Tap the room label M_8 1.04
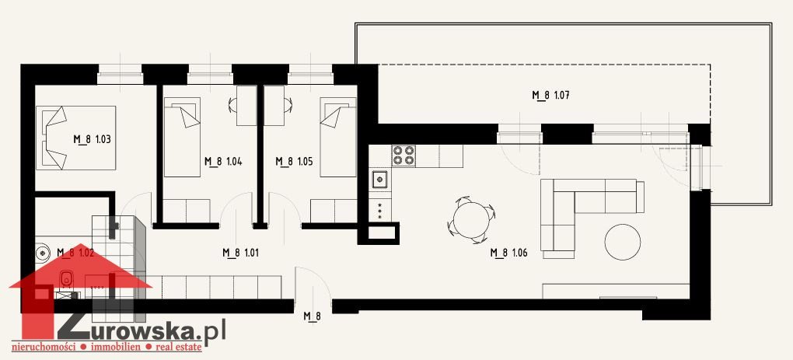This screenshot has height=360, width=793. tap(224, 162)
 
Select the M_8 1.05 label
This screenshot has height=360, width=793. tap(295, 162)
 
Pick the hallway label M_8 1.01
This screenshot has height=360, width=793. tap(241, 253)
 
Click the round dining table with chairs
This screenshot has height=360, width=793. tap(471, 219)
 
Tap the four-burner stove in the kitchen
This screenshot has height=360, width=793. tap(403, 156)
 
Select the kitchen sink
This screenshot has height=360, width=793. tap(380, 180)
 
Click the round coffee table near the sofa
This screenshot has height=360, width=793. tap(624, 243)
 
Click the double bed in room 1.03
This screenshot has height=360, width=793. tap(76, 138)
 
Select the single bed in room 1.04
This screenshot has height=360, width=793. tap(182, 137)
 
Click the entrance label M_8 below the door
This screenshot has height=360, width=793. tap(313, 316)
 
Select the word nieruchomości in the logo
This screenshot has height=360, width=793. tap(49, 348)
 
